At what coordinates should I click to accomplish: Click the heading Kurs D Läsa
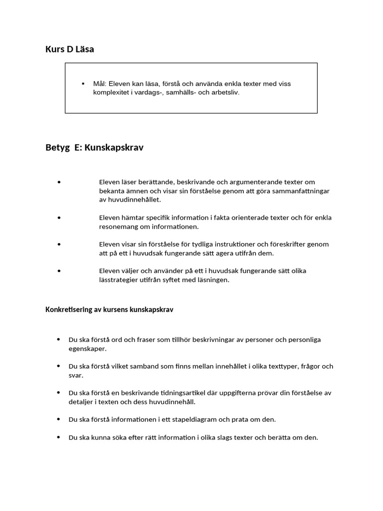[69, 49]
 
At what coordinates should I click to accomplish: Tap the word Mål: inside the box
[100, 84]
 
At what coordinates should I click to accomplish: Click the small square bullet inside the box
[83, 83]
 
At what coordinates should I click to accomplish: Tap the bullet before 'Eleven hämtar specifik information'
[59, 218]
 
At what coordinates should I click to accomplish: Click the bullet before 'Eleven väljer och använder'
[59, 271]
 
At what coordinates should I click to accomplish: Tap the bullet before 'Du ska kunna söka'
[59, 438]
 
